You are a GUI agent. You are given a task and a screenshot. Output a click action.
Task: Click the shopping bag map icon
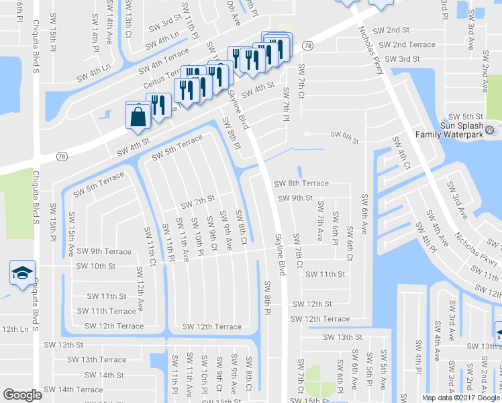(x=138, y=116)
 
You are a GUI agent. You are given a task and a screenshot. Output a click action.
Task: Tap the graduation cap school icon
(x=21, y=273)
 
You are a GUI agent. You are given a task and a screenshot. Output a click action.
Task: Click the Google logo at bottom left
(x=23, y=394)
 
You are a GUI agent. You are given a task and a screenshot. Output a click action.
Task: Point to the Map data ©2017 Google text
(x=460, y=398)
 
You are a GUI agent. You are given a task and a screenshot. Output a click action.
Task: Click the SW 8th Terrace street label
(x=301, y=183)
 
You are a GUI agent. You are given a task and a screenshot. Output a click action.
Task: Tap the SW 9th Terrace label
(x=103, y=251)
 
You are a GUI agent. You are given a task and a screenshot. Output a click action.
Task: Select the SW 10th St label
(x=96, y=266)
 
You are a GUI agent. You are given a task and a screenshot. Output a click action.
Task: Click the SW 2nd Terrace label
(x=407, y=44)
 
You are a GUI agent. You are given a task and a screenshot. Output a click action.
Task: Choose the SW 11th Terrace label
(x=106, y=311)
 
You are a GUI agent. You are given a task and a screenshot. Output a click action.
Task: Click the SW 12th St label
(x=312, y=304)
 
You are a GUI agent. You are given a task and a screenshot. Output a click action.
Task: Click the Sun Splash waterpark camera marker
(x=490, y=130)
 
